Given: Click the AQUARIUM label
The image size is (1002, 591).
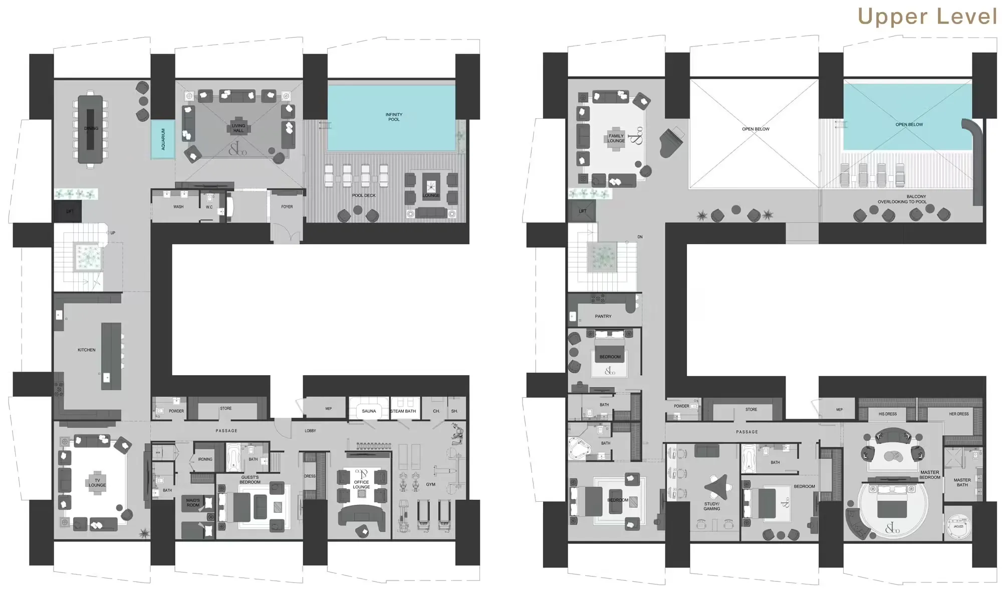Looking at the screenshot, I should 163,139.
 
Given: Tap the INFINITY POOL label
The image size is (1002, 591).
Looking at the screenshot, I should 394,117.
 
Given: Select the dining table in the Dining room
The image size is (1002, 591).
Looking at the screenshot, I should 91,129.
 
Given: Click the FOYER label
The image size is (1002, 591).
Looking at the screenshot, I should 287,207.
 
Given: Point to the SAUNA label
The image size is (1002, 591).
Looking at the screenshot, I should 369,411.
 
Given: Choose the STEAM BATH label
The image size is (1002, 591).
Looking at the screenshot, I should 403,411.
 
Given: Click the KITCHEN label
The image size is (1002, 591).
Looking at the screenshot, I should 86,350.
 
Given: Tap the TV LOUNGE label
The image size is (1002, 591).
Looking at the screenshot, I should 97,483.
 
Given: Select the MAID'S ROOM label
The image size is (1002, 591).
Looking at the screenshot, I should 193,502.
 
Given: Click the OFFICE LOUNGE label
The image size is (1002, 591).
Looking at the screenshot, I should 361,484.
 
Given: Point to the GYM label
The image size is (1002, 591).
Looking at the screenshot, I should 430,484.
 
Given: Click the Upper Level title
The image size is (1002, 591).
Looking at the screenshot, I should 927,17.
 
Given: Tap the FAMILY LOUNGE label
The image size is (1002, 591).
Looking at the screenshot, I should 616,138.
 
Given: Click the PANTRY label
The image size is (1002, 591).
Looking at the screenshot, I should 603,317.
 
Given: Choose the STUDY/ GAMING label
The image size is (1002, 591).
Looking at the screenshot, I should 711,506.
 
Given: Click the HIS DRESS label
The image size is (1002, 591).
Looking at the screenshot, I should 888,414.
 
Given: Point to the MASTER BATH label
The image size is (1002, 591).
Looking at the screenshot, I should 962,482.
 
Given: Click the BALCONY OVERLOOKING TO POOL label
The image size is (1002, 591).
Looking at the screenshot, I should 902,199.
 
